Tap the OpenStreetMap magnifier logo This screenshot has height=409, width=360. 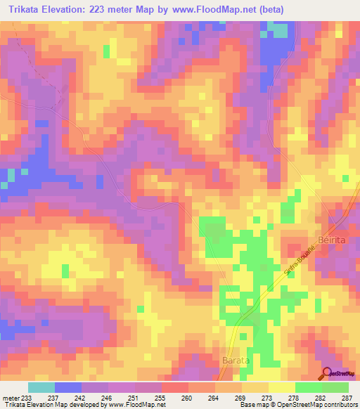click(x=327, y=374)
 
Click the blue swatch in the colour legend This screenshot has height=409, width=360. click(x=68, y=387)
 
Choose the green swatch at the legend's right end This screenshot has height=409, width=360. click(x=335, y=387)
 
